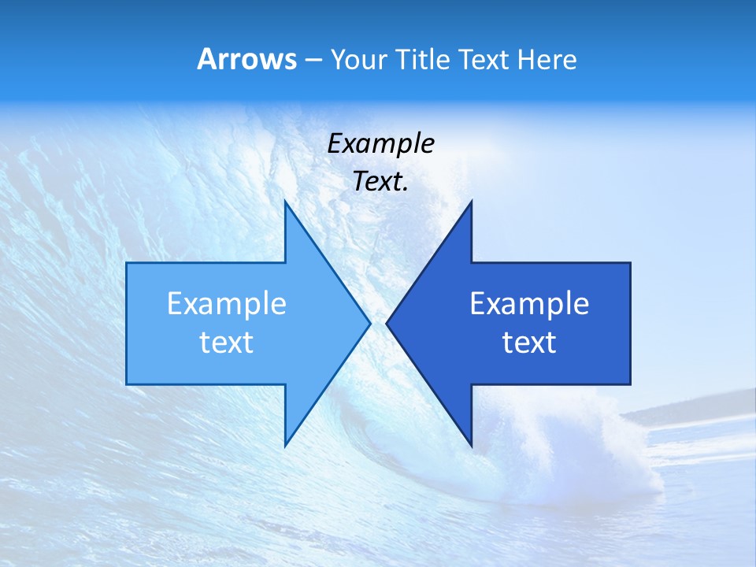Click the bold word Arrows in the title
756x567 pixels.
coord(247,59)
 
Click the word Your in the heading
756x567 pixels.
coord(358,60)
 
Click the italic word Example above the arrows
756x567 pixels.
coord(380,143)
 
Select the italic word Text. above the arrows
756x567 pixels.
coord(380,182)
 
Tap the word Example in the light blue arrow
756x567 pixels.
coord(227,303)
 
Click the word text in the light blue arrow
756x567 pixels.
coord(227,343)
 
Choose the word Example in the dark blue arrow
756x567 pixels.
coord(529,303)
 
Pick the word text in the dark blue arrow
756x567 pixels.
coord(529,343)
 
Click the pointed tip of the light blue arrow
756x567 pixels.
coord(369,323)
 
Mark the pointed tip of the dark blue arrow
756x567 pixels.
coord(387,323)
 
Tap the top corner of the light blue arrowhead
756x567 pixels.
coord(285,202)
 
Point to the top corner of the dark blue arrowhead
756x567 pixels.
coord(471,202)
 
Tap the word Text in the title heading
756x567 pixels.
coord(484,60)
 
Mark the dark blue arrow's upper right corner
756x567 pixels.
coord(629,264)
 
